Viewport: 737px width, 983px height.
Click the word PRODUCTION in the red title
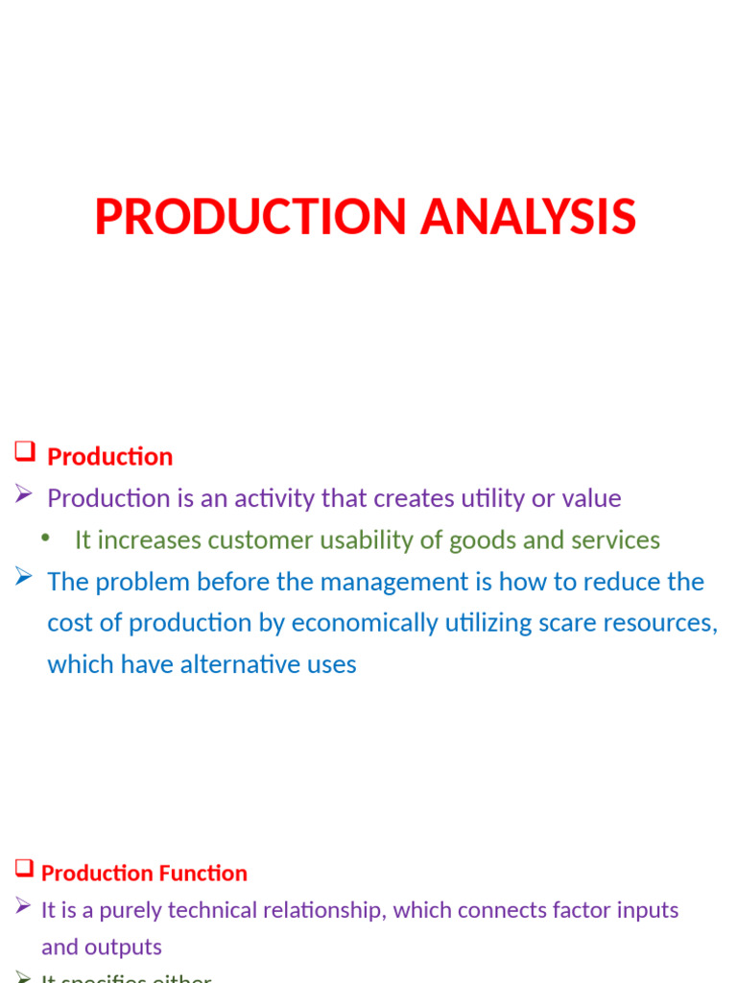(x=251, y=217)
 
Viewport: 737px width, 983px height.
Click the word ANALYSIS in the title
(x=528, y=217)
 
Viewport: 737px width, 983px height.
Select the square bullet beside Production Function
(x=24, y=870)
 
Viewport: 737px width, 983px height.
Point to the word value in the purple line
(x=592, y=498)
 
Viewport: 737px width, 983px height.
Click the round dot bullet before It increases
(x=45, y=539)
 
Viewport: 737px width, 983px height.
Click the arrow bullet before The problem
(x=25, y=578)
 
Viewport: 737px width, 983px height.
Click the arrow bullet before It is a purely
(x=24, y=908)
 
